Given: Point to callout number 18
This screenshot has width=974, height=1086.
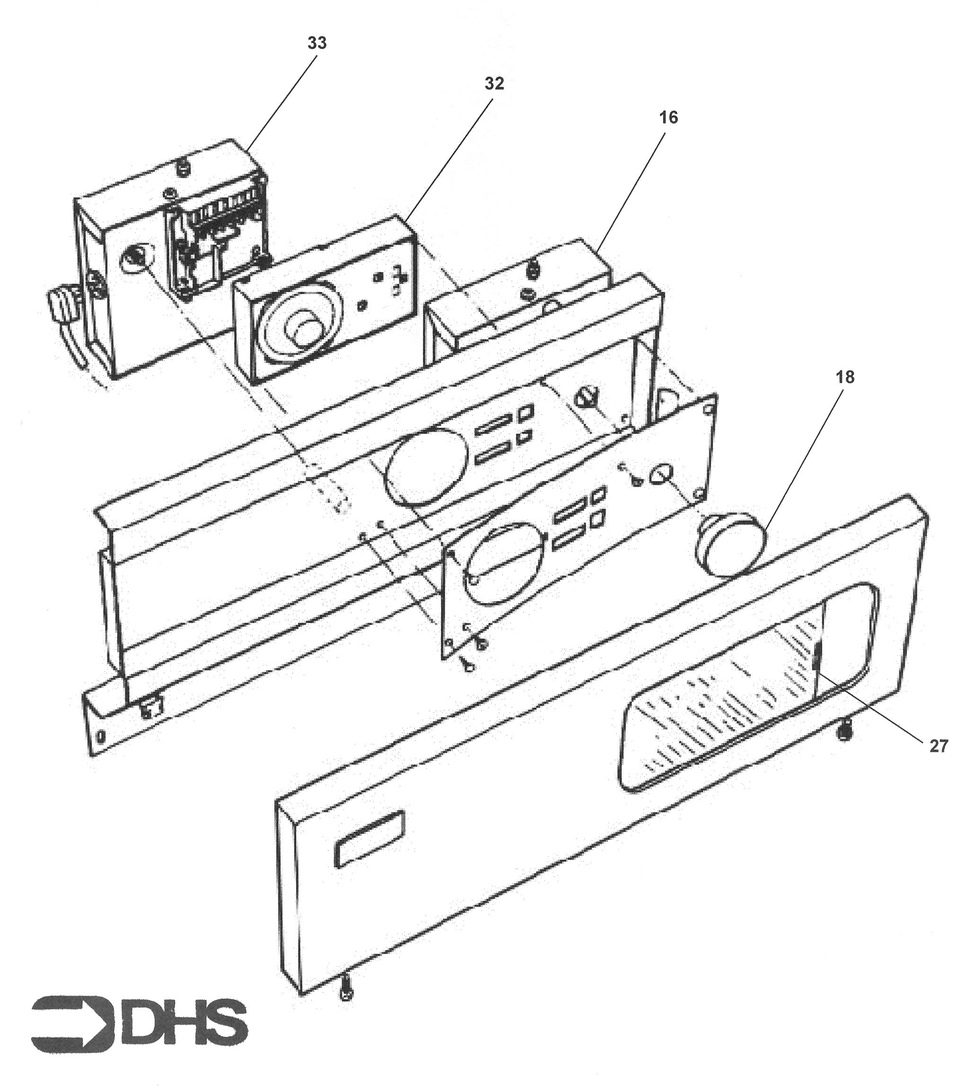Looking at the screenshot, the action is coord(845,377).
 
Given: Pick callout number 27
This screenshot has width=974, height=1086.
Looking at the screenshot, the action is coord(938,746).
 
